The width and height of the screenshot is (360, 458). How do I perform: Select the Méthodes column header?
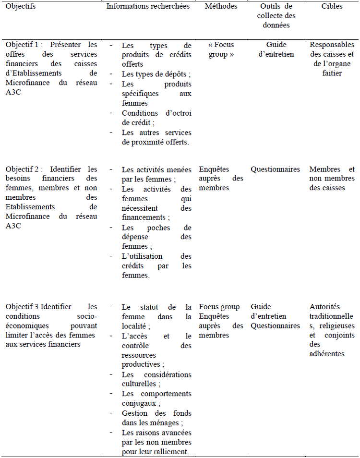tap(221, 6)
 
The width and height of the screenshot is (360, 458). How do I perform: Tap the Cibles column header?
tap(332, 6)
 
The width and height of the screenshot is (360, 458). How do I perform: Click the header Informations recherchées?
tap(148, 6)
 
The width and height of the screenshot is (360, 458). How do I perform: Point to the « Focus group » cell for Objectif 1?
tap(221, 49)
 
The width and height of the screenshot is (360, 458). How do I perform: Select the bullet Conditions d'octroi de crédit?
tap(156, 118)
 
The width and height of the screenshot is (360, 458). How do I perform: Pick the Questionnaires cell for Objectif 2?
tap(275, 169)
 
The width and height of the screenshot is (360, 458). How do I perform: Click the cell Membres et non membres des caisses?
tap(332, 178)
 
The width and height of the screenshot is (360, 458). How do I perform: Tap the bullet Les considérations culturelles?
tap(156, 379)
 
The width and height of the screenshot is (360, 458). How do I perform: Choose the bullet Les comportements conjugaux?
tap(156, 398)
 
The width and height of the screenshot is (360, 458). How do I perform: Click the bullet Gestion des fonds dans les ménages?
tap(156, 418)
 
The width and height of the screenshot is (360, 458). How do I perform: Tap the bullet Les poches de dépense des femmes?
tap(156, 237)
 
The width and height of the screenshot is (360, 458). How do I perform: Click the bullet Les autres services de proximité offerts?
tap(156, 137)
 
